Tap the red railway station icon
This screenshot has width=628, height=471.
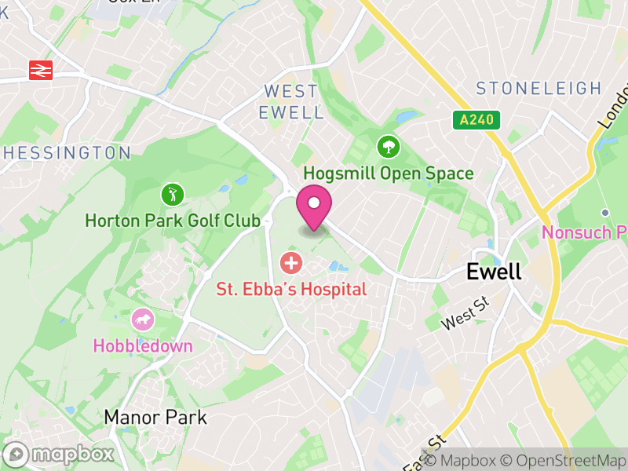40,70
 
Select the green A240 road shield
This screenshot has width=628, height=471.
476,120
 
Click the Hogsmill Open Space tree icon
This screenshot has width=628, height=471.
388,146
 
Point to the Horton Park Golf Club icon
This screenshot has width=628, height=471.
172,193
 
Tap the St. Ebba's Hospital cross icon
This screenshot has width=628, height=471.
291,262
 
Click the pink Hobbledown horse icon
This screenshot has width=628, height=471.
143,319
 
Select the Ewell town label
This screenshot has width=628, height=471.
494,272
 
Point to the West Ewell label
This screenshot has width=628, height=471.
291,102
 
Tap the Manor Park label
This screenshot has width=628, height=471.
155,417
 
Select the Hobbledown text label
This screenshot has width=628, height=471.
143,345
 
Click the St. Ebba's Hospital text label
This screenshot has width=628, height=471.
291,290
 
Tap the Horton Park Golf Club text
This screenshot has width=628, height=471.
172,221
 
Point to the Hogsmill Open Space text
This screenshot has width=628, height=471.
388,173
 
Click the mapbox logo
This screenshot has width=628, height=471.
60,454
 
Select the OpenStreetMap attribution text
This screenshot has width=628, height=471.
563,461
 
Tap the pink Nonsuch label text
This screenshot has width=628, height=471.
585,233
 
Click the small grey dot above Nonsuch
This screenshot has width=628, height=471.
605,213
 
